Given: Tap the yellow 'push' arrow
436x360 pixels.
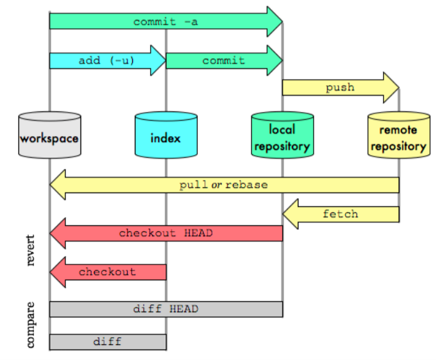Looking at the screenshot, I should (340, 88).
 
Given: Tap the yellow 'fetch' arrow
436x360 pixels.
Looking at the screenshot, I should (340, 214).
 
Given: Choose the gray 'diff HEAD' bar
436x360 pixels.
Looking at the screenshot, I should (166, 309).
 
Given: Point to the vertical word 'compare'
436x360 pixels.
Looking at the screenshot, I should (31, 325).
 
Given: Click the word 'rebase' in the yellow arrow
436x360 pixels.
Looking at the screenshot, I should (246, 185).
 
